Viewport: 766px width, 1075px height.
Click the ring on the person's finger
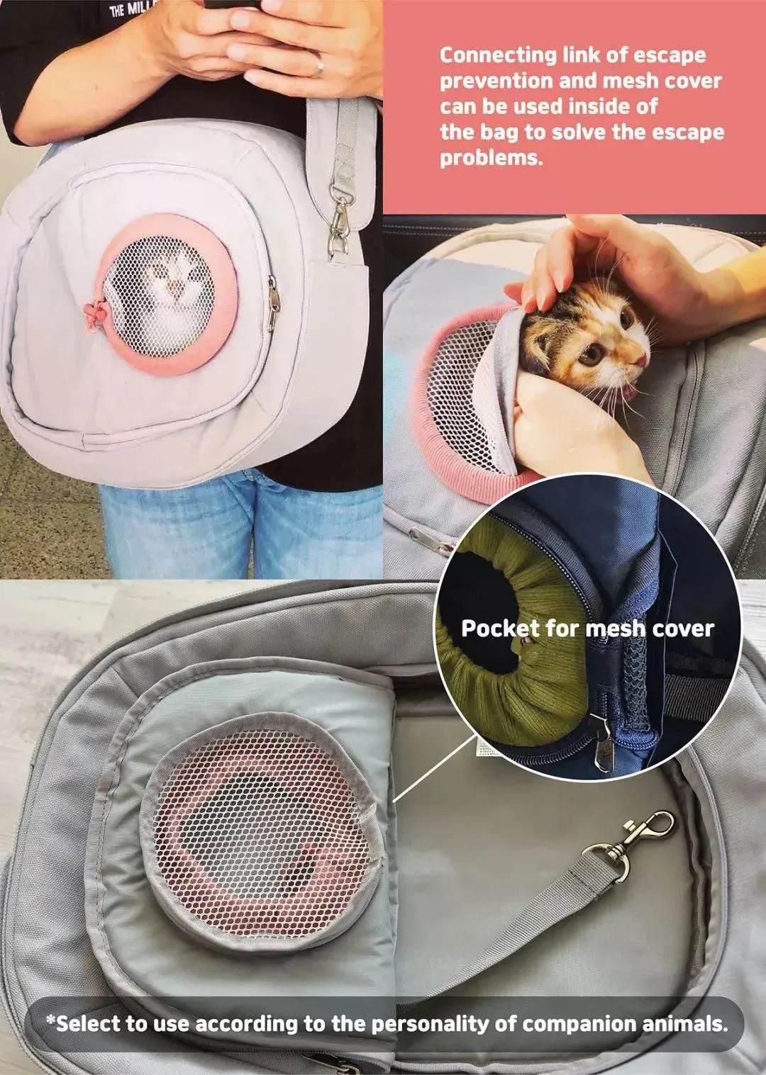(x=318, y=66)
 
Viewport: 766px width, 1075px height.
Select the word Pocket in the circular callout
(x=499, y=629)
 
